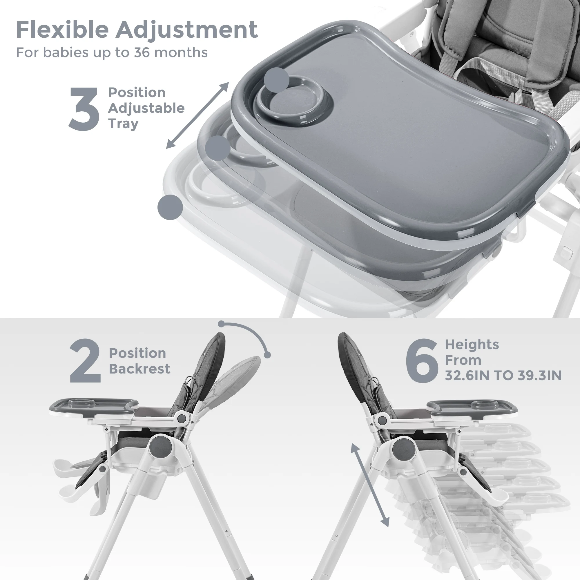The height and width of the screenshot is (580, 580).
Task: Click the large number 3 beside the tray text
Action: (84, 109)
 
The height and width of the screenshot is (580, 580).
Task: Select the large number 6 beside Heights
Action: (422, 360)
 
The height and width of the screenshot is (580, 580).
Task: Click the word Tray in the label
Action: (123, 124)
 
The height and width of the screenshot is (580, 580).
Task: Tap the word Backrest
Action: (139, 369)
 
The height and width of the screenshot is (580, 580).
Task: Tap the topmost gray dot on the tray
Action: (277, 80)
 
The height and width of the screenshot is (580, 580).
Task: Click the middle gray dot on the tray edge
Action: (218, 148)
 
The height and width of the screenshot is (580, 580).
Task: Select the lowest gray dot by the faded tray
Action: (170, 207)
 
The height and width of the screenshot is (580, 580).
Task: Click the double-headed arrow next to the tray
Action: (197, 115)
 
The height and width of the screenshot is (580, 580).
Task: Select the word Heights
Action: (472, 345)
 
